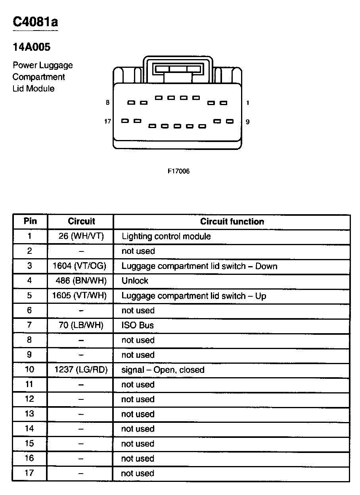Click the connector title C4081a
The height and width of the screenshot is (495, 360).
pyautogui.click(x=35, y=22)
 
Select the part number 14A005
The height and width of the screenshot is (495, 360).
pyautogui.click(x=31, y=48)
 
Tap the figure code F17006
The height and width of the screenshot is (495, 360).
pyautogui.click(x=178, y=171)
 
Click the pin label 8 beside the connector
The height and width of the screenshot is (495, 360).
pyautogui.click(x=107, y=103)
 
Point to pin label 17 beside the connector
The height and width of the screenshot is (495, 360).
pyautogui.click(x=107, y=121)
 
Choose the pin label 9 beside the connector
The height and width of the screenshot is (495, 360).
pyautogui.click(x=247, y=122)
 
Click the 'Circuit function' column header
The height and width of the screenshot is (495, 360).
pyautogui.click(x=232, y=221)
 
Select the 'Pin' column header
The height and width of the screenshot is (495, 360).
pyautogui.click(x=30, y=221)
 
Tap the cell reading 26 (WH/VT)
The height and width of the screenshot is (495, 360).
pyautogui.click(x=81, y=236)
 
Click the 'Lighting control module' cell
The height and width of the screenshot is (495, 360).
pyautogui.click(x=166, y=236)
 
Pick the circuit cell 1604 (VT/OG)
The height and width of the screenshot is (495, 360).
pyautogui.click(x=80, y=266)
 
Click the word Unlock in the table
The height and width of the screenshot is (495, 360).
pyautogui.click(x=135, y=281)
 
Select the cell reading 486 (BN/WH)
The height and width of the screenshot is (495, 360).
pyautogui.click(x=81, y=281)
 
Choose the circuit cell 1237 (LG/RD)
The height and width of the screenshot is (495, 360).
pyautogui.click(x=81, y=370)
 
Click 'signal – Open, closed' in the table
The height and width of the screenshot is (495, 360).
pyautogui.click(x=163, y=370)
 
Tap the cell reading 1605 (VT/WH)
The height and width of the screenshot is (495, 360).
pyautogui.click(x=80, y=295)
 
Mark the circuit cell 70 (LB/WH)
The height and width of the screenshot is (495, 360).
pyautogui.click(x=81, y=325)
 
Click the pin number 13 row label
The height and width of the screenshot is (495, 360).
pyautogui.click(x=30, y=414)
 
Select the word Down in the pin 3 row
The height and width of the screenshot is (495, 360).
pyautogui.click(x=266, y=266)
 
